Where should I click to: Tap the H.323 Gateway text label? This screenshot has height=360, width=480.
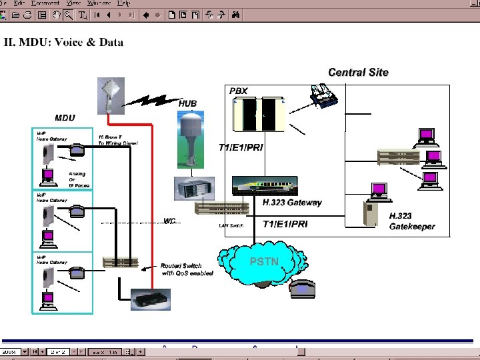(x=292, y=203)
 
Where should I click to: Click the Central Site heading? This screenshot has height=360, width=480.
(x=358, y=72)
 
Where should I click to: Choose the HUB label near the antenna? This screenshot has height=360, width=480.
(x=187, y=103)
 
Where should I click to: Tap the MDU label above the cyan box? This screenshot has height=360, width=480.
(x=65, y=118)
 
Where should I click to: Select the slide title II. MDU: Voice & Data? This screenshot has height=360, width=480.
(x=64, y=43)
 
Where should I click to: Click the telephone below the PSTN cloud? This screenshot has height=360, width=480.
(x=301, y=289)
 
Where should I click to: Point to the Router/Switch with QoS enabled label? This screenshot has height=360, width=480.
(x=187, y=269)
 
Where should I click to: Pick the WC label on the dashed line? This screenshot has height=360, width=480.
(x=170, y=221)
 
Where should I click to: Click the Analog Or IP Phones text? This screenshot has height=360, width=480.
(x=79, y=179)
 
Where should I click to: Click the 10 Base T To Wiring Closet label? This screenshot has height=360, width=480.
(x=118, y=139)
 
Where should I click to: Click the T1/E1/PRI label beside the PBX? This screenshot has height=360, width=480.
(x=241, y=147)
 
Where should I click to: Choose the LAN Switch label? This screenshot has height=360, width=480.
(x=232, y=226)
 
